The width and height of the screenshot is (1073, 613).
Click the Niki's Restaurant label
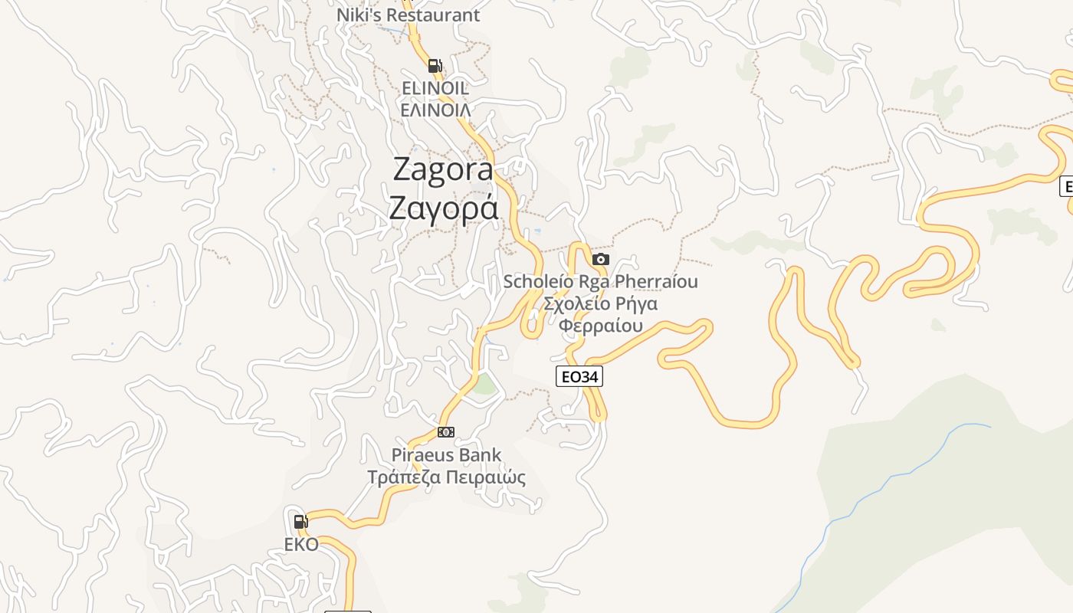click(x=408, y=15)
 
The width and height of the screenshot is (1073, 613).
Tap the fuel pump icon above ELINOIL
click(x=435, y=66)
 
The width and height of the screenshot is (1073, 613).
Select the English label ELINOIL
click(x=435, y=88)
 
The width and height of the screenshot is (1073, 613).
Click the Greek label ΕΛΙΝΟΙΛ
click(x=435, y=110)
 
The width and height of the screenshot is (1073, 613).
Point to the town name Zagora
click(x=443, y=169)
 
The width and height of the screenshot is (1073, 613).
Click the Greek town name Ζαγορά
click(x=443, y=208)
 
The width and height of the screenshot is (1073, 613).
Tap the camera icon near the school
click(x=600, y=259)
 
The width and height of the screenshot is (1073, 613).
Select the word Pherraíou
click(x=653, y=282)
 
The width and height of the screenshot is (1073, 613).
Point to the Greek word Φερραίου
click(x=600, y=326)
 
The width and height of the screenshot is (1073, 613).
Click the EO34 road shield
click(x=579, y=376)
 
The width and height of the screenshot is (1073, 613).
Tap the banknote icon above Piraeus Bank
click(x=445, y=432)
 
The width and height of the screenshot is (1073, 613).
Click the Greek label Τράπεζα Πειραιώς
click(x=446, y=477)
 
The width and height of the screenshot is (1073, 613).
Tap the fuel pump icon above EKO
click(x=300, y=522)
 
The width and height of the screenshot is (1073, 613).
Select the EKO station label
click(x=300, y=545)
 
